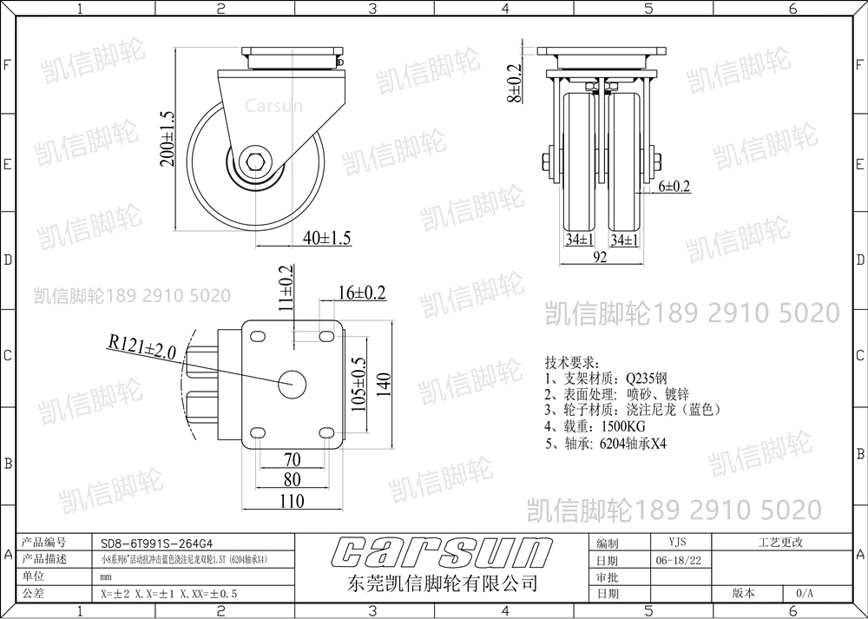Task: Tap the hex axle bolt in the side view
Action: [x=257, y=161]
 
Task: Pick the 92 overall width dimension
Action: [x=598, y=257]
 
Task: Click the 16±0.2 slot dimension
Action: [x=360, y=293]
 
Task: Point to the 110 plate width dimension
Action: [x=292, y=501]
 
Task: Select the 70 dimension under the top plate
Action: [x=292, y=459]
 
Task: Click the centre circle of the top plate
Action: [x=292, y=382]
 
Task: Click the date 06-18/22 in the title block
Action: [x=678, y=560]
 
